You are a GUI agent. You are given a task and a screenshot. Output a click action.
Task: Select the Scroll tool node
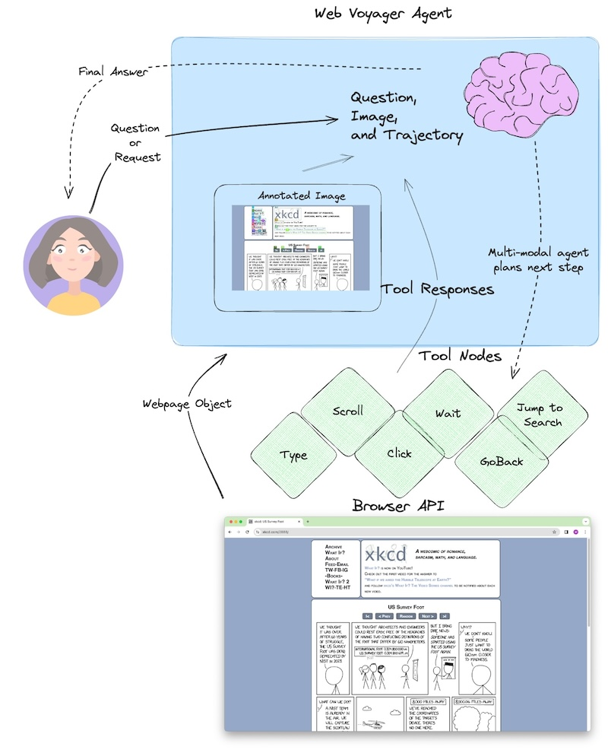(x=348, y=411)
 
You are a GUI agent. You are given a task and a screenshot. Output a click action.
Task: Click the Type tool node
(x=293, y=455)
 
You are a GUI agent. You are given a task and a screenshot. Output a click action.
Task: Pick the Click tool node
(x=399, y=453)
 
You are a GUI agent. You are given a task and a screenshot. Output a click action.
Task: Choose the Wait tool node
(x=448, y=413)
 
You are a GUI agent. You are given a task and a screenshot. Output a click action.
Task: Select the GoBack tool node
(x=502, y=461)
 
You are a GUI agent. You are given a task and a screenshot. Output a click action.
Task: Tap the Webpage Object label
(x=187, y=403)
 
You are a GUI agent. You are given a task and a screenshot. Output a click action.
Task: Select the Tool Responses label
(x=437, y=289)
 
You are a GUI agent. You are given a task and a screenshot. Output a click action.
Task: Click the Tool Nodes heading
(x=460, y=356)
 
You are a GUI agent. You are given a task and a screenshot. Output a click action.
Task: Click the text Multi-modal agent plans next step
(x=538, y=260)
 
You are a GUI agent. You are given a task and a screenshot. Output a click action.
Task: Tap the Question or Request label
(x=135, y=142)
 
